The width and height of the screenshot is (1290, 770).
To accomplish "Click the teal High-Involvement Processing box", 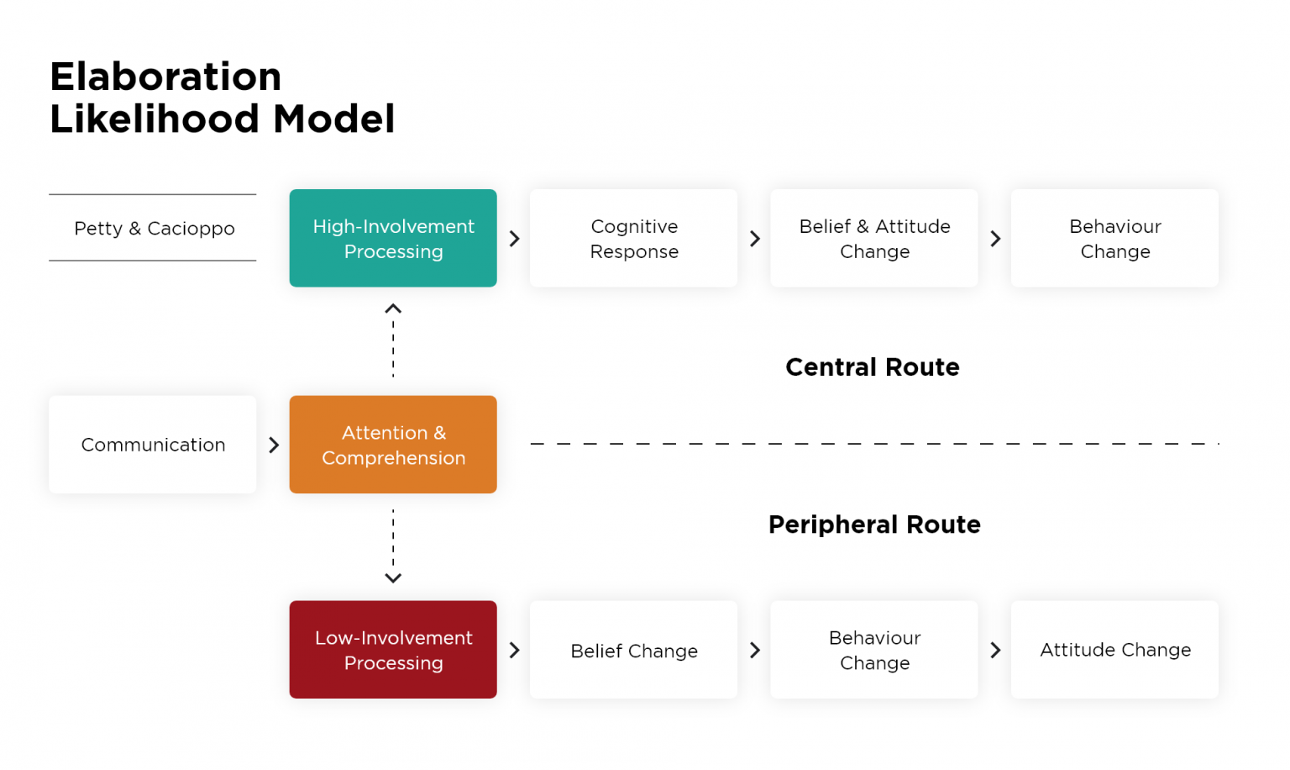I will [x=393, y=239].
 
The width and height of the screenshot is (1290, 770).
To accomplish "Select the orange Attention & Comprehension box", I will [x=393, y=445].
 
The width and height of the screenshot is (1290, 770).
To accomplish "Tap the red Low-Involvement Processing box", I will [x=393, y=650].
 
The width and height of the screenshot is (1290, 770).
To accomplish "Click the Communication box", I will [x=153, y=445].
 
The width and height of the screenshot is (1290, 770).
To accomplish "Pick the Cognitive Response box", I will [x=634, y=239].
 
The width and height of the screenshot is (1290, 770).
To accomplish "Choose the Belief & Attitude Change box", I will [x=874, y=239].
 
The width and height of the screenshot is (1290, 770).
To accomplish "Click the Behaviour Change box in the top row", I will [x=1114, y=239].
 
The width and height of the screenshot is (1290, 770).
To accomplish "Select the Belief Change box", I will [x=634, y=650].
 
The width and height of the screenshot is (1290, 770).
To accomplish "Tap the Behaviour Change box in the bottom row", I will [x=874, y=650].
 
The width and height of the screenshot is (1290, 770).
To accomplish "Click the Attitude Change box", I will [x=1114, y=650].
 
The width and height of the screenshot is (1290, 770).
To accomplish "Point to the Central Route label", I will [x=872, y=367].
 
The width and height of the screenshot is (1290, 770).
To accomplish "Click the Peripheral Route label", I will [x=874, y=525].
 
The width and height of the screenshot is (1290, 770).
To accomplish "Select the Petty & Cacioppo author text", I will [x=155, y=229].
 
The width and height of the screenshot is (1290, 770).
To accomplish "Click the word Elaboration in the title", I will [x=165, y=77].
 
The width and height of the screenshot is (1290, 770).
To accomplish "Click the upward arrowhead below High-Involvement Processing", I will [x=393, y=309].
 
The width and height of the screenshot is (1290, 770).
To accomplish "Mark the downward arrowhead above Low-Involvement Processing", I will [x=393, y=578].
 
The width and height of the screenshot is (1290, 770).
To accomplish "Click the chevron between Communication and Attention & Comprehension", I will [x=274, y=445].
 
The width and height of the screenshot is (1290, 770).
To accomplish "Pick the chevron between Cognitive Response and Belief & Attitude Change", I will [x=755, y=239].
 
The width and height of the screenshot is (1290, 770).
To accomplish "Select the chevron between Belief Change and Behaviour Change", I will [x=755, y=650].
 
